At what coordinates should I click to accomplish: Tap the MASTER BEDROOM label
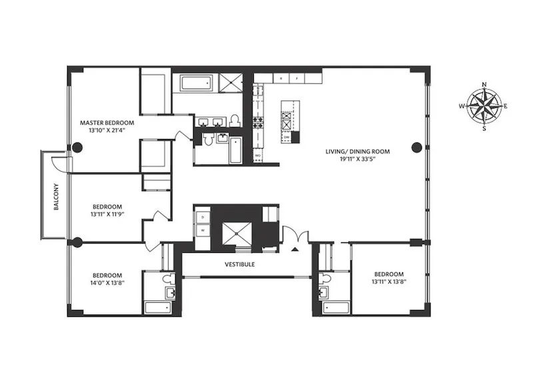click(107, 123)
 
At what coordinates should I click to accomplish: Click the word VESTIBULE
click(239, 264)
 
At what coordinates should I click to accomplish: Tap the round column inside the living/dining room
click(416, 147)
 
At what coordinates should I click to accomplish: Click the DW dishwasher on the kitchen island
click(286, 137)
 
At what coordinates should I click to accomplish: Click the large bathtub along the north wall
click(194, 84)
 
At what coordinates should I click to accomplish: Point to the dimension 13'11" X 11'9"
click(107, 214)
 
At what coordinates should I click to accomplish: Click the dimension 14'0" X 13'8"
click(107, 283)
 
